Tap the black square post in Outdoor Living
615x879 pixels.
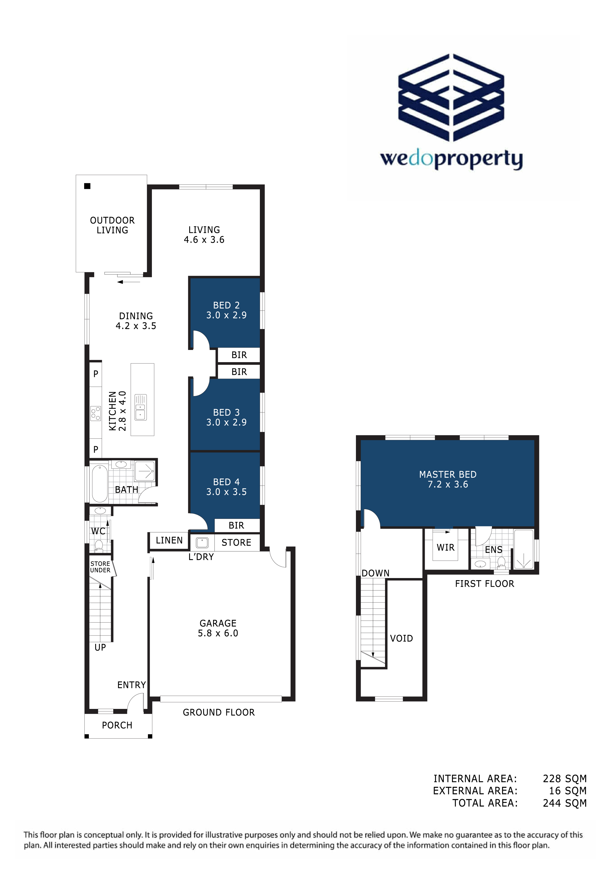[x=87, y=186]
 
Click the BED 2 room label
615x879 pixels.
[x=227, y=310]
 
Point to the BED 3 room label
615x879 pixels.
[x=227, y=417]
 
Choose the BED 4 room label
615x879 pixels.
[x=227, y=487]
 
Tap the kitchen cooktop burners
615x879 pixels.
[x=96, y=414]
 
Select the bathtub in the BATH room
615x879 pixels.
[x=100, y=483]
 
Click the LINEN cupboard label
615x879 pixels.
[x=169, y=540]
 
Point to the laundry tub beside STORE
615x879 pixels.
[x=202, y=543]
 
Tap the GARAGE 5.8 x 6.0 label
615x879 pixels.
[x=218, y=628]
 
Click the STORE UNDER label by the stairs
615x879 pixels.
[x=100, y=567]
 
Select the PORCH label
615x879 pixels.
[x=117, y=725]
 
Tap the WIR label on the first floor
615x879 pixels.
[x=446, y=548]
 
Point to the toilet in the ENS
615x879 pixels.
[x=501, y=562]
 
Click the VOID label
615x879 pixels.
[x=402, y=638]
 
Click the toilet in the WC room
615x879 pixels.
[x=99, y=545]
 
